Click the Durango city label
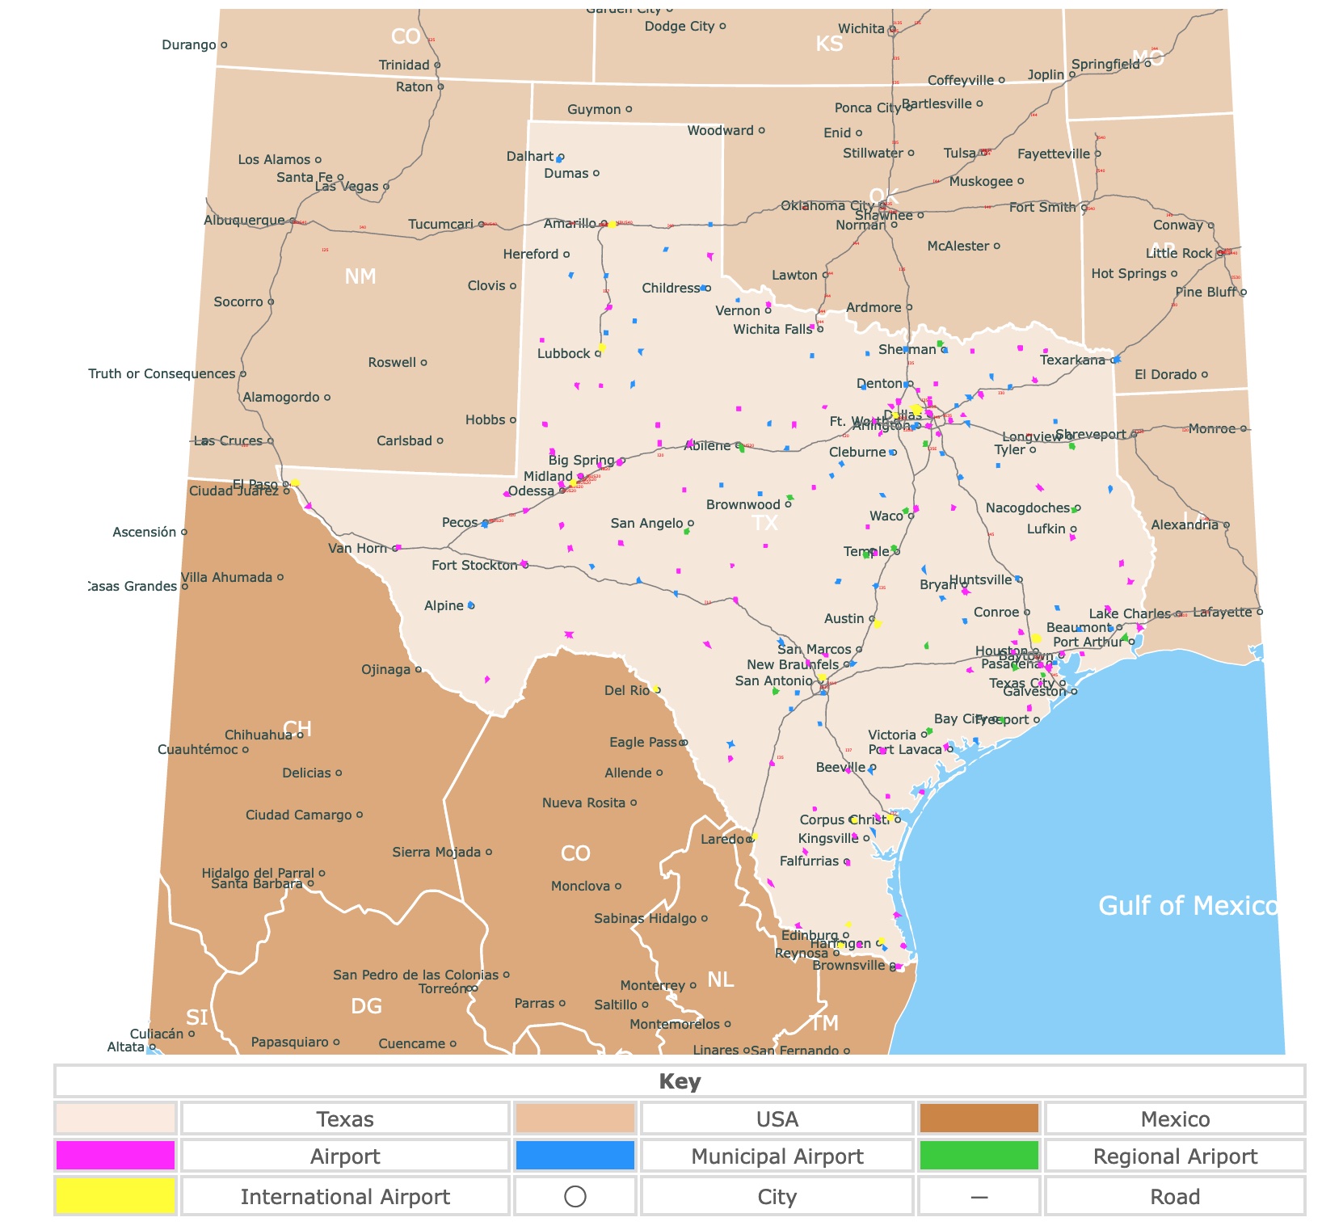pyautogui.click(x=188, y=45)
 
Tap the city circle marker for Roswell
pyautogui.click(x=423, y=363)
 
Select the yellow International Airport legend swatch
pyautogui.click(x=116, y=1196)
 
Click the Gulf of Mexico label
pyautogui.click(x=1187, y=906)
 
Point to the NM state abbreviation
pyautogui.click(x=360, y=276)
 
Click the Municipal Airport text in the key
pyautogui.click(x=777, y=1156)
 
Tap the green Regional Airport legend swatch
pyautogui.click(x=979, y=1156)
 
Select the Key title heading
pyautogui.click(x=679, y=1081)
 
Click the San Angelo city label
pyautogui.click(x=646, y=524)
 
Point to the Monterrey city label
pyautogui.click(x=652, y=986)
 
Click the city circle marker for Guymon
pyautogui.click(x=629, y=109)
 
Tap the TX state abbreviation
pyautogui.click(x=764, y=523)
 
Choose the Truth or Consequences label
pyautogui.click(x=162, y=374)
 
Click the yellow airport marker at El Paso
pyautogui.click(x=296, y=482)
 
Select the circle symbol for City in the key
pyautogui.click(x=575, y=1196)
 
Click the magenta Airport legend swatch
pyautogui.click(x=116, y=1156)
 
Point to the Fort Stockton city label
pyautogui.click(x=474, y=566)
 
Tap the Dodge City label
pyautogui.click(x=679, y=27)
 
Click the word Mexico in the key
pyautogui.click(x=1174, y=1119)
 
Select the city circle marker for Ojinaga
pyautogui.click(x=418, y=669)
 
